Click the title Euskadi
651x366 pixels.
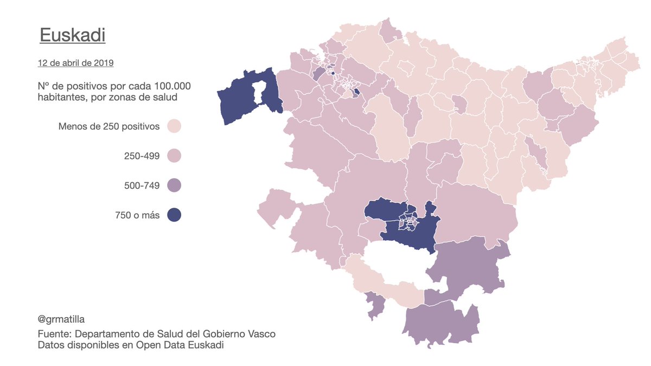pyautogui.click(x=72, y=36)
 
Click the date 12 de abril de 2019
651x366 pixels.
pyautogui.click(x=75, y=63)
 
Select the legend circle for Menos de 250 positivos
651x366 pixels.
pyautogui.click(x=174, y=126)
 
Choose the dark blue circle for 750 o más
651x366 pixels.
pyautogui.click(x=174, y=215)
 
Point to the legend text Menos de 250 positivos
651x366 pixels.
pyautogui.click(x=109, y=127)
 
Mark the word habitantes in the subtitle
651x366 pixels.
pyautogui.click(x=61, y=98)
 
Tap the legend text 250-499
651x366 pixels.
pyautogui.click(x=142, y=156)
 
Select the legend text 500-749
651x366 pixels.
pyautogui.click(x=142, y=186)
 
